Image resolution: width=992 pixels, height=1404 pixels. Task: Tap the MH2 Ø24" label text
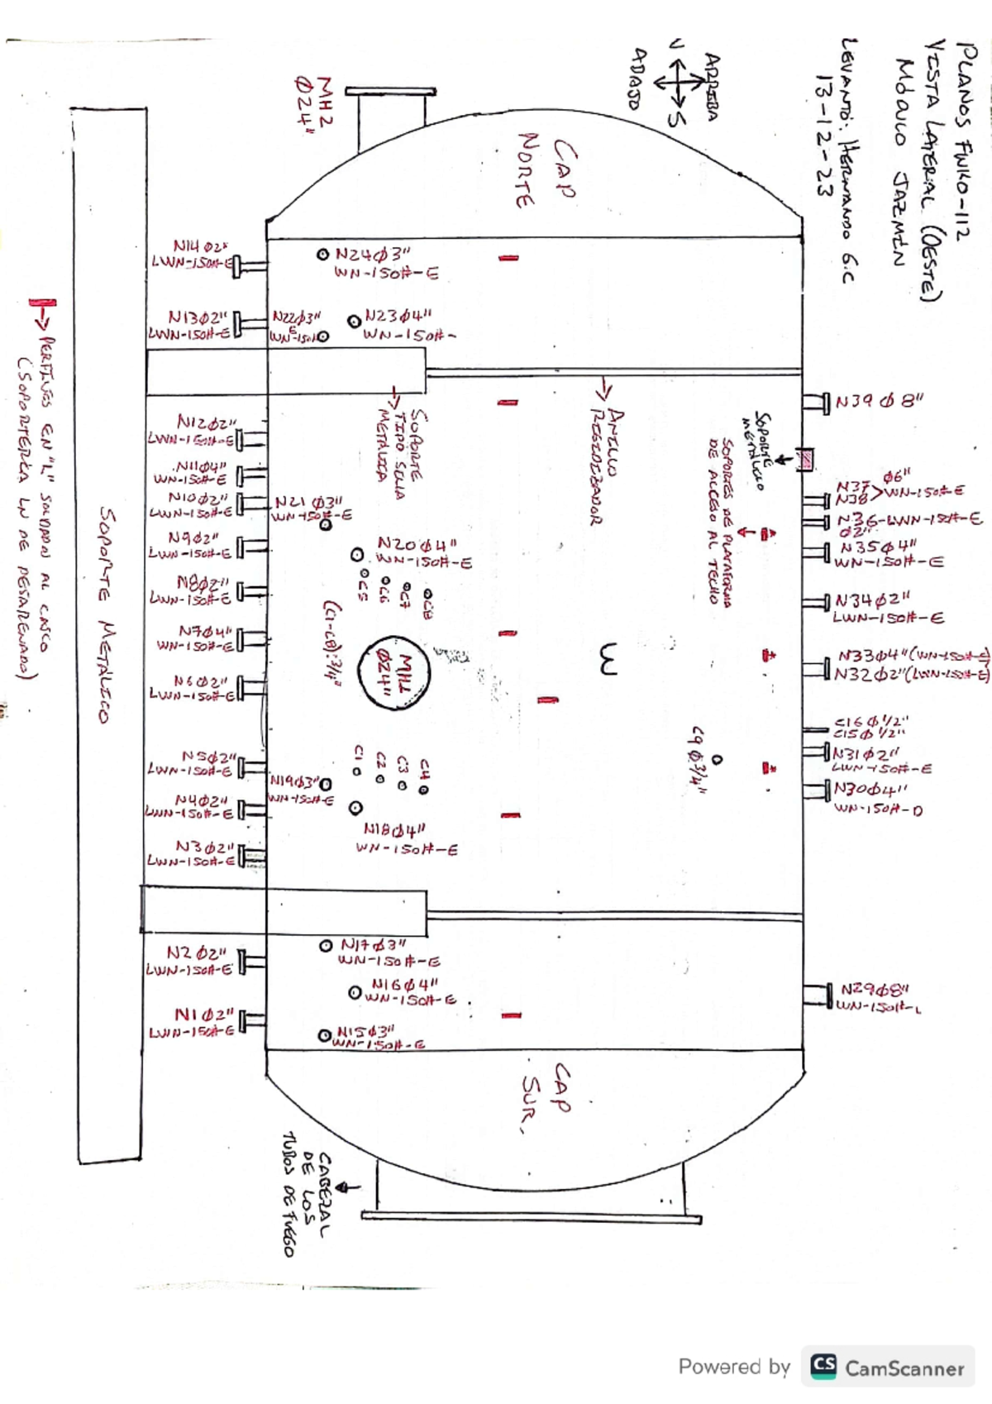pos(314,99)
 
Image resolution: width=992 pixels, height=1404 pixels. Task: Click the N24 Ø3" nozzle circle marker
pos(323,254)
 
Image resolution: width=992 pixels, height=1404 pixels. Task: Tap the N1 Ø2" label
pos(204,1015)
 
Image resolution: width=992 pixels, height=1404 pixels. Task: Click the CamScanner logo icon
pos(823,1365)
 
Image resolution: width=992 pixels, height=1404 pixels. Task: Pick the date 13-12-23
pos(823,136)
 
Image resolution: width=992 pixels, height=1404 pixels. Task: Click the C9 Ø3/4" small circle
pos(717,758)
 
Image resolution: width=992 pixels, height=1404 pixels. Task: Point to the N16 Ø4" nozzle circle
pos(355,991)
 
